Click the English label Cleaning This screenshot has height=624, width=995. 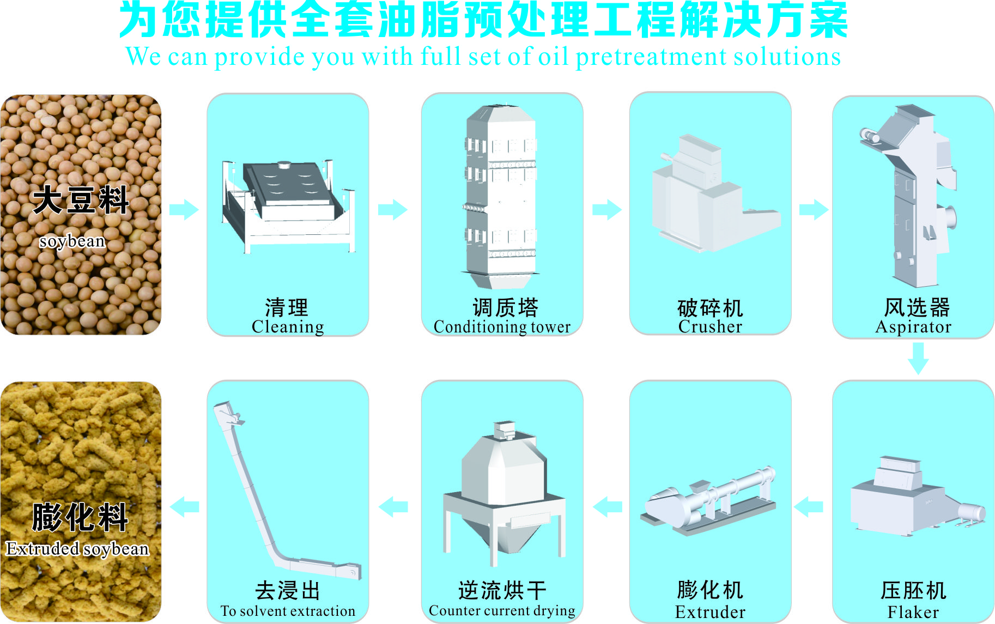coord(288,327)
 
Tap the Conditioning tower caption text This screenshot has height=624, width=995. coord(502,327)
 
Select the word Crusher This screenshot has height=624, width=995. coord(710,327)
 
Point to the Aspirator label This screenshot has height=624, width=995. coord(913,327)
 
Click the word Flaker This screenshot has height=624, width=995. coord(913,612)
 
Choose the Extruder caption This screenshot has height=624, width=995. coord(710,612)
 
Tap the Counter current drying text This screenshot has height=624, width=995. coord(502,611)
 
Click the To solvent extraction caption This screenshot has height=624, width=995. coord(288,611)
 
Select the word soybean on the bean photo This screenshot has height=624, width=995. coord(72,241)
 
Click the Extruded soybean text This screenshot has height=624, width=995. coord(77,548)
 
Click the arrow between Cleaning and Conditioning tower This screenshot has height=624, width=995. coord(393,209)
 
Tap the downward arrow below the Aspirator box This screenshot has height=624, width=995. coord(918,358)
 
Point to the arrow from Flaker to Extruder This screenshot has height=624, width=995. coord(809,507)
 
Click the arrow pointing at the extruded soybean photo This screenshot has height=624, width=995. coord(185,507)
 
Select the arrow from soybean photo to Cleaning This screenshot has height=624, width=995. coord(184,209)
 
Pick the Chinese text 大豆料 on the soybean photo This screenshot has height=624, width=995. coord(81,201)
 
